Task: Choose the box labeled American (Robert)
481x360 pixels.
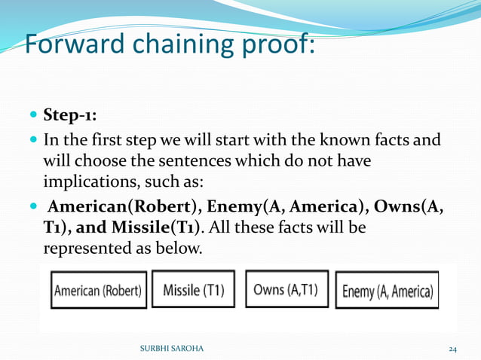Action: (98, 290)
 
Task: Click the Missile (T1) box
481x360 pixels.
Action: (193, 289)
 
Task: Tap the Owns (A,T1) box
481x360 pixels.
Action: (287, 288)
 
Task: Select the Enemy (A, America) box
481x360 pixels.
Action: (387, 290)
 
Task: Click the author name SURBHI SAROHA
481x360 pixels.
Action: (171, 349)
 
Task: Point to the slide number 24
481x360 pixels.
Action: (452, 349)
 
